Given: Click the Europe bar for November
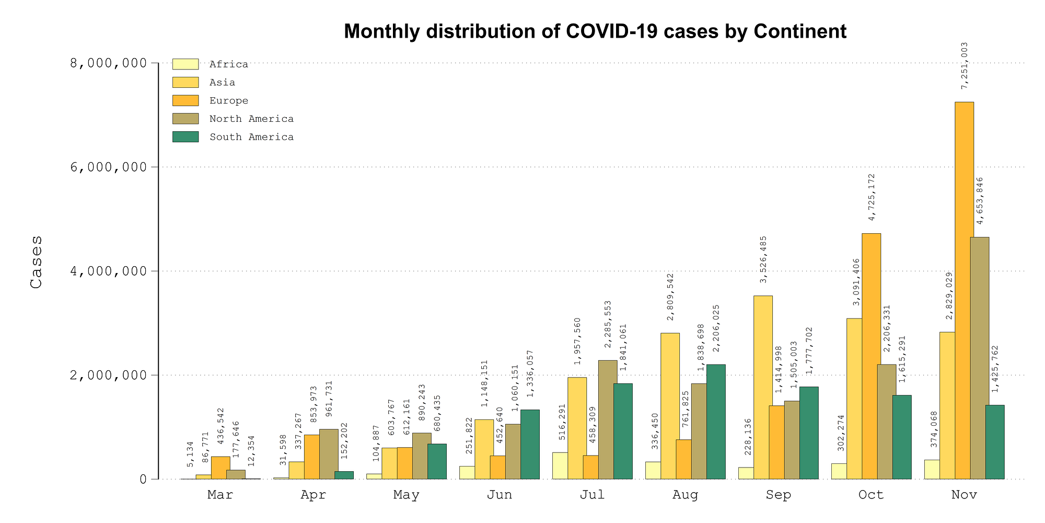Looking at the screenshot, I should click(x=964, y=290).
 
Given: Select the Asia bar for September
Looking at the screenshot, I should click(x=763, y=387).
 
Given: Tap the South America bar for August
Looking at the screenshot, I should click(x=716, y=422).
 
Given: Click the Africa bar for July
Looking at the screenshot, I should click(x=560, y=465).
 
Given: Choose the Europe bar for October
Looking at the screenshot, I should click(x=871, y=356).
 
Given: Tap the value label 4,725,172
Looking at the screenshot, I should click(x=872, y=197).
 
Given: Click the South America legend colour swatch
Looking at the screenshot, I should click(x=185, y=137).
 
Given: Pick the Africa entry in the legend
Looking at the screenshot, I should click(x=228, y=65).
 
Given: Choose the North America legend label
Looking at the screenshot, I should click(x=251, y=119).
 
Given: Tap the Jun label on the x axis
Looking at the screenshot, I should click(x=500, y=495).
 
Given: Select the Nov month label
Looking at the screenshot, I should click(x=964, y=495).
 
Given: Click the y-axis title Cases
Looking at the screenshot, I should click(x=36, y=261).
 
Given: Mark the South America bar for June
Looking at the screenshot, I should click(x=530, y=444).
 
